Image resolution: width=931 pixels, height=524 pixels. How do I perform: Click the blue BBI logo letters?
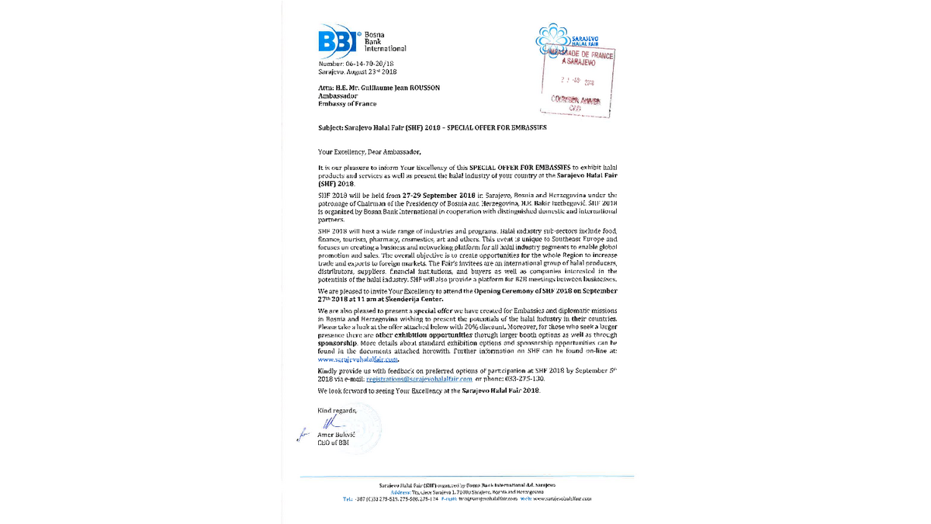tap(336, 42)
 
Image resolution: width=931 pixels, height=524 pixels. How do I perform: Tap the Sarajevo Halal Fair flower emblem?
tap(552, 37)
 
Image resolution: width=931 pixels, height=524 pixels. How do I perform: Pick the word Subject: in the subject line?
tap(333, 127)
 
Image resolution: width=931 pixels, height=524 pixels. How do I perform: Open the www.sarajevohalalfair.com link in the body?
tap(358, 360)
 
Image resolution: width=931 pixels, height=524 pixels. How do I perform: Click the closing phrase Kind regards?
tap(337, 409)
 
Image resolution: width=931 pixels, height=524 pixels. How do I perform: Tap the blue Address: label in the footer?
tap(402, 492)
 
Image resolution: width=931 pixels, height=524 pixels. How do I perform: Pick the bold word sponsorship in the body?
tap(337, 342)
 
